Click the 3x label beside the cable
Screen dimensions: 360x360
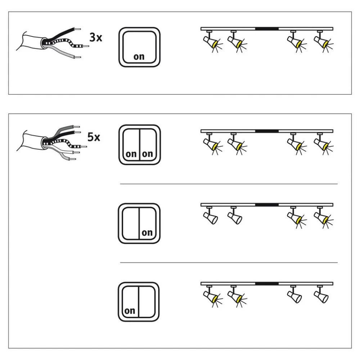coord(96,37)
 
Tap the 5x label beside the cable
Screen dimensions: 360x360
coord(94,137)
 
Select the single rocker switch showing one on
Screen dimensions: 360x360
coord(139,47)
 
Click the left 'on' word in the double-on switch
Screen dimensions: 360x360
coord(131,154)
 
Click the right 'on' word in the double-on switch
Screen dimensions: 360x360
coord(147,154)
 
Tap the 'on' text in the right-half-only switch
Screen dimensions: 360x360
coord(147,233)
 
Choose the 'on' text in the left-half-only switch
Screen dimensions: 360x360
coord(130,311)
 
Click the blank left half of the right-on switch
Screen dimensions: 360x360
coord(131,224)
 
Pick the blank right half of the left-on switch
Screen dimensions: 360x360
coord(147,302)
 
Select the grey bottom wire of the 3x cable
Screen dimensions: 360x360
coord(62,51)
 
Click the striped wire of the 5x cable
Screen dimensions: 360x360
coord(67,142)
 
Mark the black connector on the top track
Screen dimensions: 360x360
coord(267,29)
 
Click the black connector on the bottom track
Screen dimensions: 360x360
coord(267,284)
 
